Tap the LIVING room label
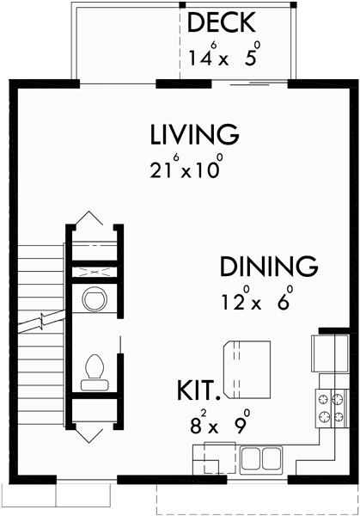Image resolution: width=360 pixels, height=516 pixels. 192,135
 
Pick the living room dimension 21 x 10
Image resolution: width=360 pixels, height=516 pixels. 185,167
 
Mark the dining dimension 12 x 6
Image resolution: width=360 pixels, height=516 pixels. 254,302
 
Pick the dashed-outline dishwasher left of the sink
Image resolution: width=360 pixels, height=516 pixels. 210,458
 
